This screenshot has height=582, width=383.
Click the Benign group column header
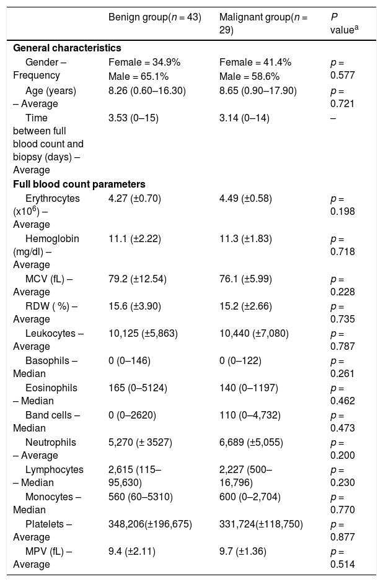154,17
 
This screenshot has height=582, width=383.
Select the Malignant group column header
263,24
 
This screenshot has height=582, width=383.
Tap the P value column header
344,24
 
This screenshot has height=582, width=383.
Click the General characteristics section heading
67,48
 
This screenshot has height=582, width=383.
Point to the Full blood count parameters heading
79,185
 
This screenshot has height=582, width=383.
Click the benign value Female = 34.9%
144,63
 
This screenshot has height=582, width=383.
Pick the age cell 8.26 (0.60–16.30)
147,91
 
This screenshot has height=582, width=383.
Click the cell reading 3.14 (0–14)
244,118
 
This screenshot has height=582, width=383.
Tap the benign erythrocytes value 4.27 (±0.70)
134,199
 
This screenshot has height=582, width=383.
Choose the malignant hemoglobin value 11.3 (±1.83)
245,238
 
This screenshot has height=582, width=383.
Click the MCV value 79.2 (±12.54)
138,279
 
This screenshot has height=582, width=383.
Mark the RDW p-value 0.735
343,319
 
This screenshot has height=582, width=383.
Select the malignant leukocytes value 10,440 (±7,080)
253,333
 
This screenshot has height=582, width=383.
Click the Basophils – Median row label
45,367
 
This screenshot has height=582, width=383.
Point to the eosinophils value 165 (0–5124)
138,388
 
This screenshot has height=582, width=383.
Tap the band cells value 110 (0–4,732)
250,415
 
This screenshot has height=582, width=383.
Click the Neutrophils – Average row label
45,449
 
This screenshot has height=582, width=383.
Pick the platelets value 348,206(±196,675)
150,524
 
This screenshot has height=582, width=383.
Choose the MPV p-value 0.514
343,564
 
